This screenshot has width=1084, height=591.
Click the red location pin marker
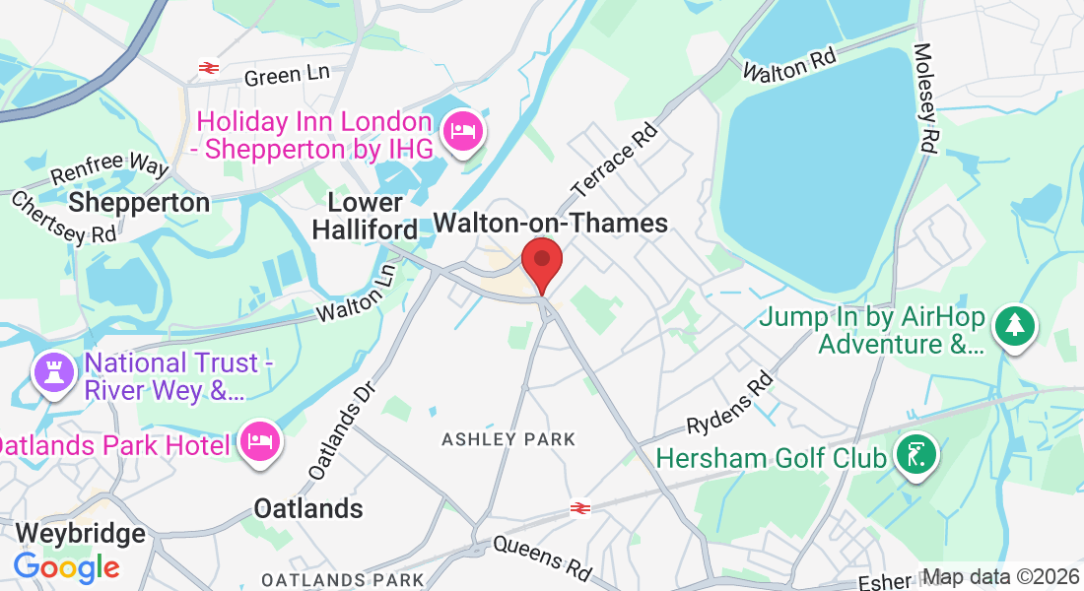tap(541, 263)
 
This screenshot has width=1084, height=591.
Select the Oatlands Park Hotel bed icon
tap(259, 441)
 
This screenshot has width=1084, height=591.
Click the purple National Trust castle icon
tap(52, 372)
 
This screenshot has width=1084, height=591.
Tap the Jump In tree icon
tap(1012, 324)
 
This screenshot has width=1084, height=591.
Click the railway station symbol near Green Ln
tap(208, 68)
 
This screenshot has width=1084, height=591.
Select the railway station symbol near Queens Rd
tap(580, 508)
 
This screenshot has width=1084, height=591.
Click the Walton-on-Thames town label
tap(551, 224)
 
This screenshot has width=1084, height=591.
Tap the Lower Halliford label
tap(372, 216)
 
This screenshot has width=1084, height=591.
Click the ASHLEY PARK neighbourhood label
tap(508, 438)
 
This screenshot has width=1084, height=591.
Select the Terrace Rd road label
tap(613, 158)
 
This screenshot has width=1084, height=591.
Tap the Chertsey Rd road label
tap(64, 218)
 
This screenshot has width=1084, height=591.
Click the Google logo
tap(66, 567)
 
